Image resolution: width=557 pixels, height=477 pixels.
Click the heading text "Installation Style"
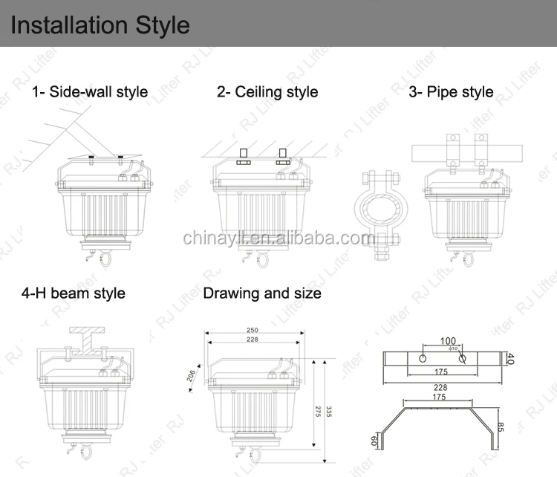pos(100,25)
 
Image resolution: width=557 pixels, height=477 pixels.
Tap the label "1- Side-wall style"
pos(89,93)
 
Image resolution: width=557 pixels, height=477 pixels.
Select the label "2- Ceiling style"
pos(267,92)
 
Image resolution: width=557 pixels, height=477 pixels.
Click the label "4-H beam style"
pos(73,293)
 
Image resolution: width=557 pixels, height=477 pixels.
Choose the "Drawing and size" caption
pos(262,293)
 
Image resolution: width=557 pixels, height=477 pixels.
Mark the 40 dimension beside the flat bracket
pos(510,359)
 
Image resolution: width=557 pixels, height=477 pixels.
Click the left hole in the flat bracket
pos(422,358)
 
